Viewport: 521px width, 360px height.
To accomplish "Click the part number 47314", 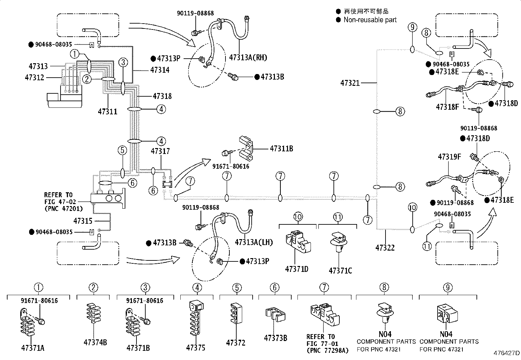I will coord(160,70).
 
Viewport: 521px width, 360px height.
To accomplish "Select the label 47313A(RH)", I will coord(248,58).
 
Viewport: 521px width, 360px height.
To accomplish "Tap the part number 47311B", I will coord(281,149).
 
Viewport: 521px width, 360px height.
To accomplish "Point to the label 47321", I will coord(350,83).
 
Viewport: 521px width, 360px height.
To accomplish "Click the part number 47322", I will coord(385,248).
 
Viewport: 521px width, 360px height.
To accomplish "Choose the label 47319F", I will coord(449,157).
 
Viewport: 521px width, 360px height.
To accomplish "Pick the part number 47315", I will coord(83,221).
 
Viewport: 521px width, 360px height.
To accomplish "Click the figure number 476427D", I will coord(507,353).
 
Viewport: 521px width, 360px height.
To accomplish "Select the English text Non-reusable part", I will coord(370,20).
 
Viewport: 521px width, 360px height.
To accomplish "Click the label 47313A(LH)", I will coord(254,242).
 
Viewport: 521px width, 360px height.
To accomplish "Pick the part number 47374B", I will coord(95,343).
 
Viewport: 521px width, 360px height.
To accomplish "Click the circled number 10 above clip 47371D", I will coord(298,217).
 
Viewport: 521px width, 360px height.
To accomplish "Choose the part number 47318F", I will coord(447,107).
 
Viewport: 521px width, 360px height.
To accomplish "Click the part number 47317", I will coord(160,151).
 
